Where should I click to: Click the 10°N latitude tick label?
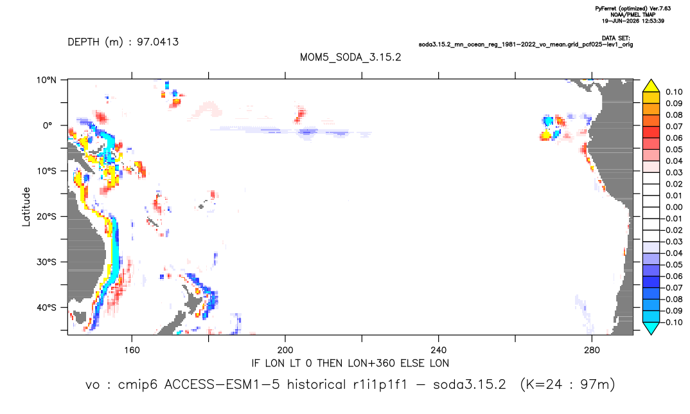tap(46, 80)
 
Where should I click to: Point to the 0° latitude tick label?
tap(48, 125)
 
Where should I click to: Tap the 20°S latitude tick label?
tap(46, 217)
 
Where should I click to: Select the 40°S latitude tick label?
tap(46, 307)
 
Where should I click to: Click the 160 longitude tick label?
tap(132, 350)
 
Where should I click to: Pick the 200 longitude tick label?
tap(285, 350)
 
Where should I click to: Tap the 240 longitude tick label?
tap(439, 350)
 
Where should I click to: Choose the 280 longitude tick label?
tap(592, 350)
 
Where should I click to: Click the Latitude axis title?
tap(26, 207)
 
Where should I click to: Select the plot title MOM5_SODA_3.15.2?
tap(351, 58)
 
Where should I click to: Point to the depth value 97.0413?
tap(157, 42)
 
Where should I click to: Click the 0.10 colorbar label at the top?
tap(674, 92)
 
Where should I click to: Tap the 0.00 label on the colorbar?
tap(674, 207)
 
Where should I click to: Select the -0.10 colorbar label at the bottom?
tap(672, 322)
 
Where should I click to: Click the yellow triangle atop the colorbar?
tap(651, 86)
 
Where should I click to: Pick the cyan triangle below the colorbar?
tap(651, 328)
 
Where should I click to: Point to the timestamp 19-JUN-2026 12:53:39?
tap(633, 21)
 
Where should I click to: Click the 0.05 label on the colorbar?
tap(674, 150)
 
